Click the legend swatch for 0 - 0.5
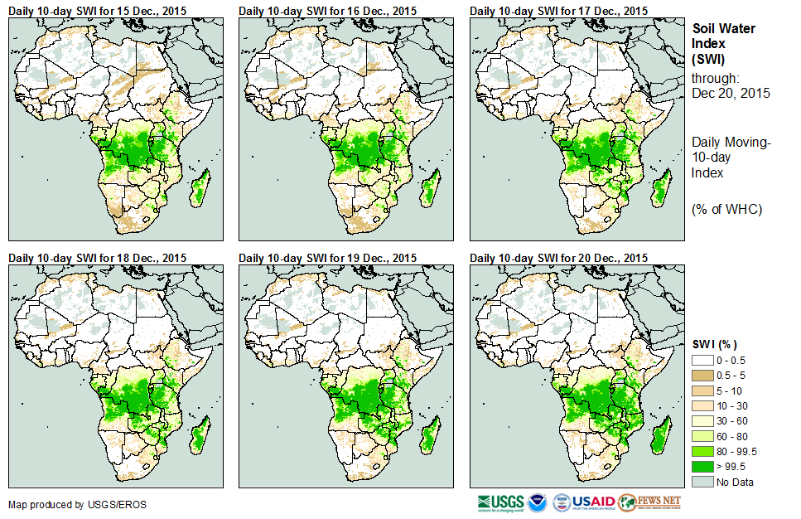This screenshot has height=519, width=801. click(x=702, y=360)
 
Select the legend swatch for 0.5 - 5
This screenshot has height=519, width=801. click(x=702, y=375)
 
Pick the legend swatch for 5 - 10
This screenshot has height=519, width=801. click(x=702, y=390)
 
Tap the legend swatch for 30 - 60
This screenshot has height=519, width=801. click(x=702, y=421)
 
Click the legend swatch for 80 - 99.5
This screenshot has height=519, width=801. click(x=702, y=451)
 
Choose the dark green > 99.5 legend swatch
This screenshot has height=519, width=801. click(x=702, y=466)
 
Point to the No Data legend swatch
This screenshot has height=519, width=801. click(x=702, y=482)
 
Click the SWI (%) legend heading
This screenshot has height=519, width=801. click(x=715, y=344)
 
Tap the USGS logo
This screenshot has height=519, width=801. click(x=499, y=502)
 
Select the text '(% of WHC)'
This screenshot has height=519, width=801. click(x=726, y=209)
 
